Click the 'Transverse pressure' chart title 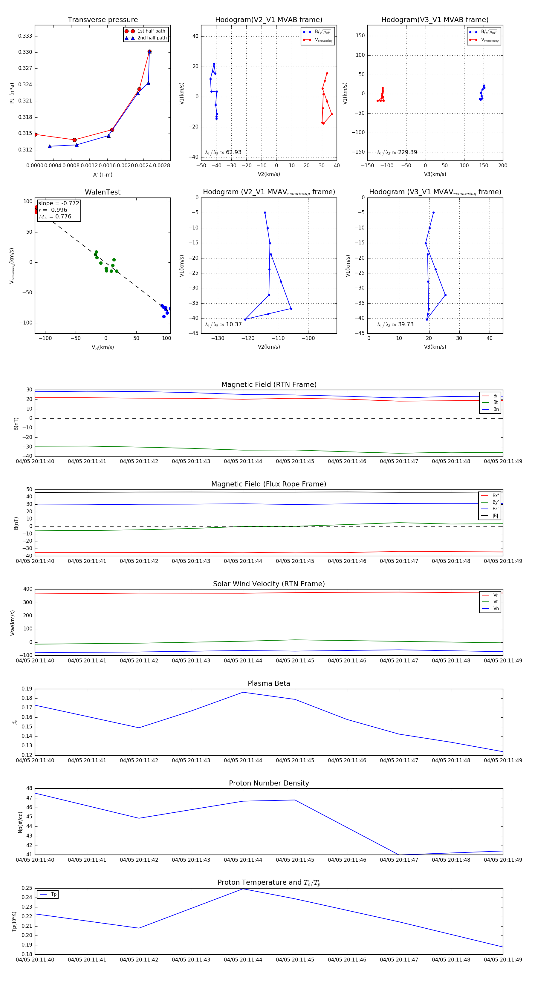pos(103,20)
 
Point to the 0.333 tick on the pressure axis pos(25,36)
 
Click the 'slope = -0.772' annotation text pos(59,203)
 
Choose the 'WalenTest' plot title pos(103,192)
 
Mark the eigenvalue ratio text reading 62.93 pos(223,152)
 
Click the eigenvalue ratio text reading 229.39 pos(397,152)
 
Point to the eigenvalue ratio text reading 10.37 pos(223,324)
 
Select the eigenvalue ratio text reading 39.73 pos(395,324)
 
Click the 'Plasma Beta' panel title pos(269,684)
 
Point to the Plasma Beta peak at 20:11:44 pos(243,692)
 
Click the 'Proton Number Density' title pos(269,783)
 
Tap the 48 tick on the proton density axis pos(29,789)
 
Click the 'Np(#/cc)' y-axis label pos(20,822)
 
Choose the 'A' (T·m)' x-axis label pos(103,175)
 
